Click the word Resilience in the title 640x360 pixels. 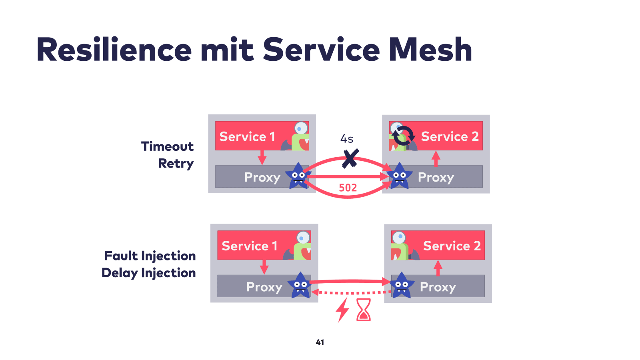click(x=114, y=50)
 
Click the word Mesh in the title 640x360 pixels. click(x=430, y=50)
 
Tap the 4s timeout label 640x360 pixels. click(x=347, y=139)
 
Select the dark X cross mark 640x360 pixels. click(x=350, y=158)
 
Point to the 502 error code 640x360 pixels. click(x=348, y=188)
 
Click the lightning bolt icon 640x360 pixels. click(x=342, y=310)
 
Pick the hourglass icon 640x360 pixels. click(x=364, y=310)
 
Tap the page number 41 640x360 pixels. click(x=320, y=342)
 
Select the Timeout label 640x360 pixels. click(x=168, y=146)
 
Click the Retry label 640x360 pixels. click(x=176, y=164)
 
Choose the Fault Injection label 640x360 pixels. click(x=150, y=256)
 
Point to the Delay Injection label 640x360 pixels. click(x=149, y=273)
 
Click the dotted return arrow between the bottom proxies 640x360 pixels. click(x=352, y=292)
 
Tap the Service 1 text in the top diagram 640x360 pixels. click(x=247, y=136)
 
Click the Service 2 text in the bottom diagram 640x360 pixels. click(x=452, y=246)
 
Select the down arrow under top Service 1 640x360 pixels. click(x=262, y=158)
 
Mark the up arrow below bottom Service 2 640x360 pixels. click(x=438, y=268)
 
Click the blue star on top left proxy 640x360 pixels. click(x=298, y=176)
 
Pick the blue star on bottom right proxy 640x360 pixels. click(x=402, y=285)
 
